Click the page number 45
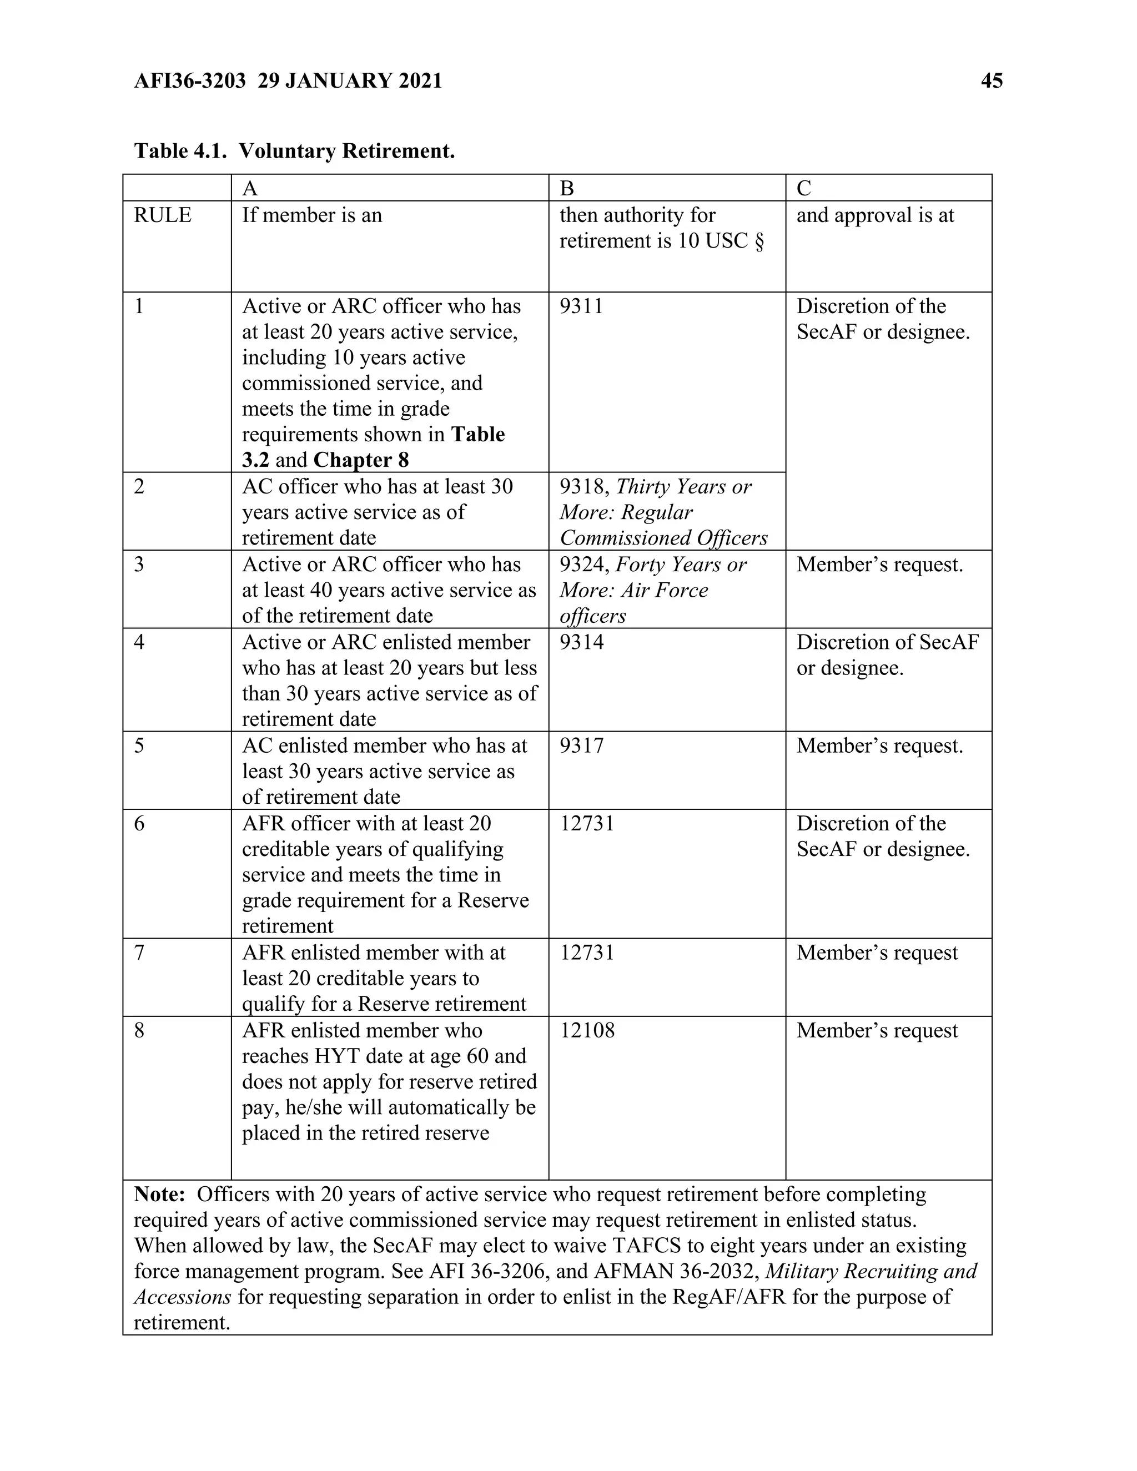(992, 81)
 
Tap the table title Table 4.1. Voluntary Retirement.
(294, 151)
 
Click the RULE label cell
(162, 215)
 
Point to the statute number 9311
(581, 306)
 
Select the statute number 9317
(581, 745)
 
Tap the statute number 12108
(587, 1030)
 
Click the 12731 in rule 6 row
(587, 824)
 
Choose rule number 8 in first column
(139, 1030)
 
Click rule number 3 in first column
(139, 565)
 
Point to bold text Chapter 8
(361, 460)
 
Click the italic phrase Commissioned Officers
(663, 538)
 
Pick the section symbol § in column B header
(759, 241)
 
